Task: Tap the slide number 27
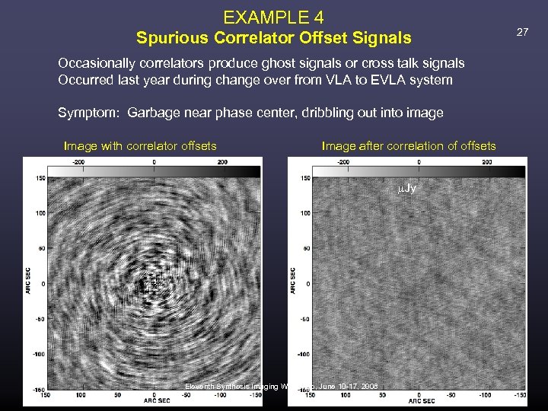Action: click(522, 32)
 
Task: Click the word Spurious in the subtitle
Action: click(167, 37)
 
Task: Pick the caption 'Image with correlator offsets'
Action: click(140, 145)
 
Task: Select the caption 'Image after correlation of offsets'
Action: click(409, 145)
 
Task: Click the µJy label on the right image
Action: click(407, 188)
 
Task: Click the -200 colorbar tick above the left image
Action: click(78, 161)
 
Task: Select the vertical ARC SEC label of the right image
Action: click(293, 281)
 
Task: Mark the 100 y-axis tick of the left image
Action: click(38, 213)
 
